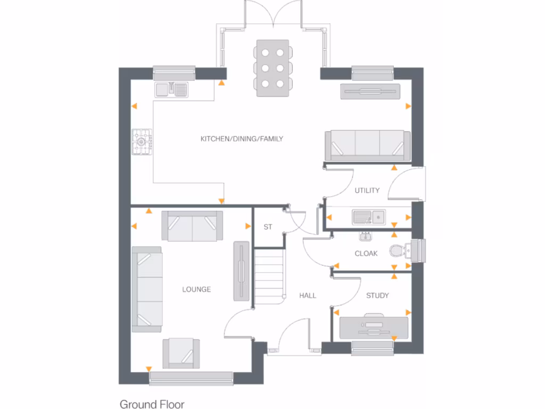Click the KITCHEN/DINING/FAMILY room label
tap(242, 139)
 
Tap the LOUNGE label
tap(196, 290)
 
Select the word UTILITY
tap(367, 191)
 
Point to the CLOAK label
tap(366, 253)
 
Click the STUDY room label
tap(377, 296)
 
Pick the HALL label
tap(308, 296)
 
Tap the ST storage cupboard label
tap(268, 227)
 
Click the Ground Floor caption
tap(152, 404)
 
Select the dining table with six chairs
tap(273, 68)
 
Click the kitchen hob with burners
tap(143, 142)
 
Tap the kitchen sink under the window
tap(171, 89)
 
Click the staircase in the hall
tap(269, 277)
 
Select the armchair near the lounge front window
tap(181, 353)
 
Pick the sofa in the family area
tap(367, 145)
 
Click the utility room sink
tap(368, 217)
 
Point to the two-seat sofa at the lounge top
tap(192, 226)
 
